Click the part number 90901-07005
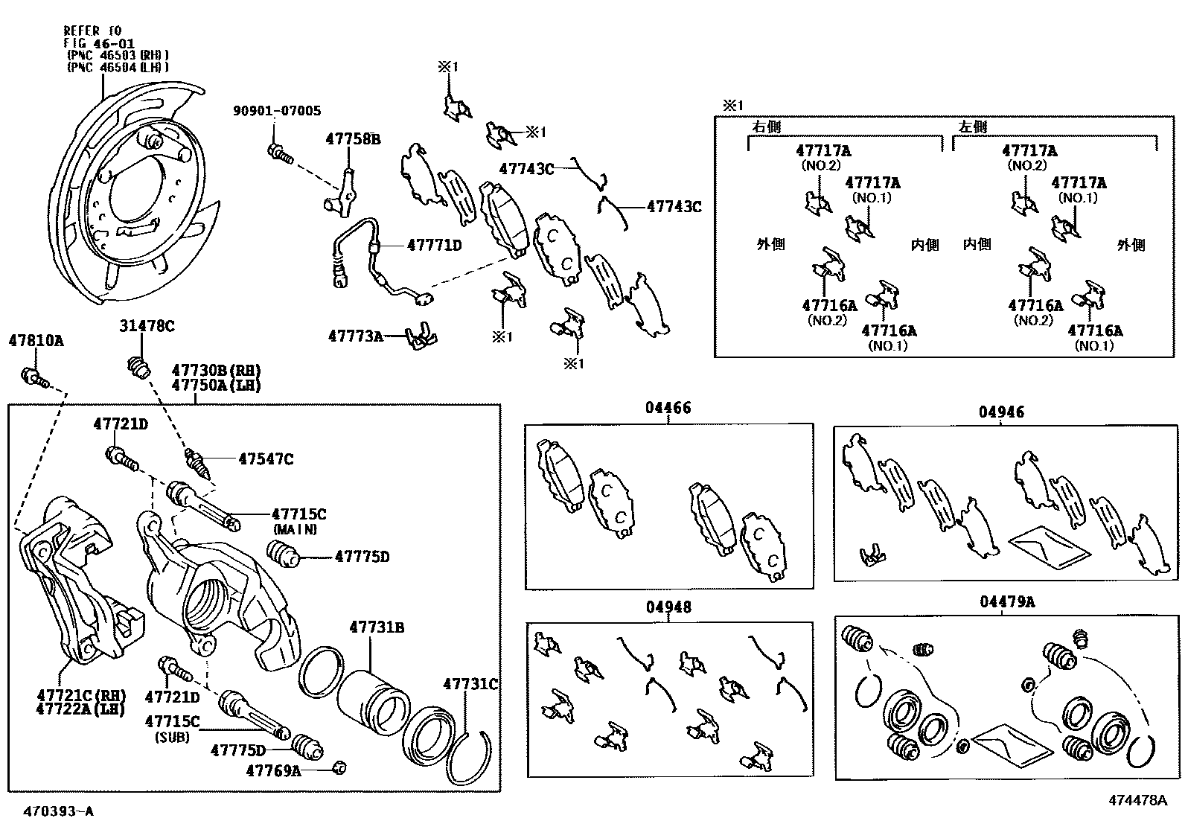click(x=276, y=111)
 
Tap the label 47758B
click(x=353, y=138)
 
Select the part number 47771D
click(x=434, y=245)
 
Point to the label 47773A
click(x=355, y=336)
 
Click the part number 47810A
click(x=36, y=341)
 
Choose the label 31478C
click(x=147, y=325)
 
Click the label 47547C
click(x=265, y=459)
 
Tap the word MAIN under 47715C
click(x=295, y=530)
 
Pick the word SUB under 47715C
click(x=172, y=738)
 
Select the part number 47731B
click(x=377, y=627)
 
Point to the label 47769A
click(x=273, y=771)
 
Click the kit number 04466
click(x=668, y=408)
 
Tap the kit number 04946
click(x=1001, y=412)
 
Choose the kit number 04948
click(x=668, y=607)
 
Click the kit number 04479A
click(x=1006, y=601)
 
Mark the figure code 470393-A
click(x=58, y=811)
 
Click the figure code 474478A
click(x=1137, y=801)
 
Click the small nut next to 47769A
click(x=339, y=767)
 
